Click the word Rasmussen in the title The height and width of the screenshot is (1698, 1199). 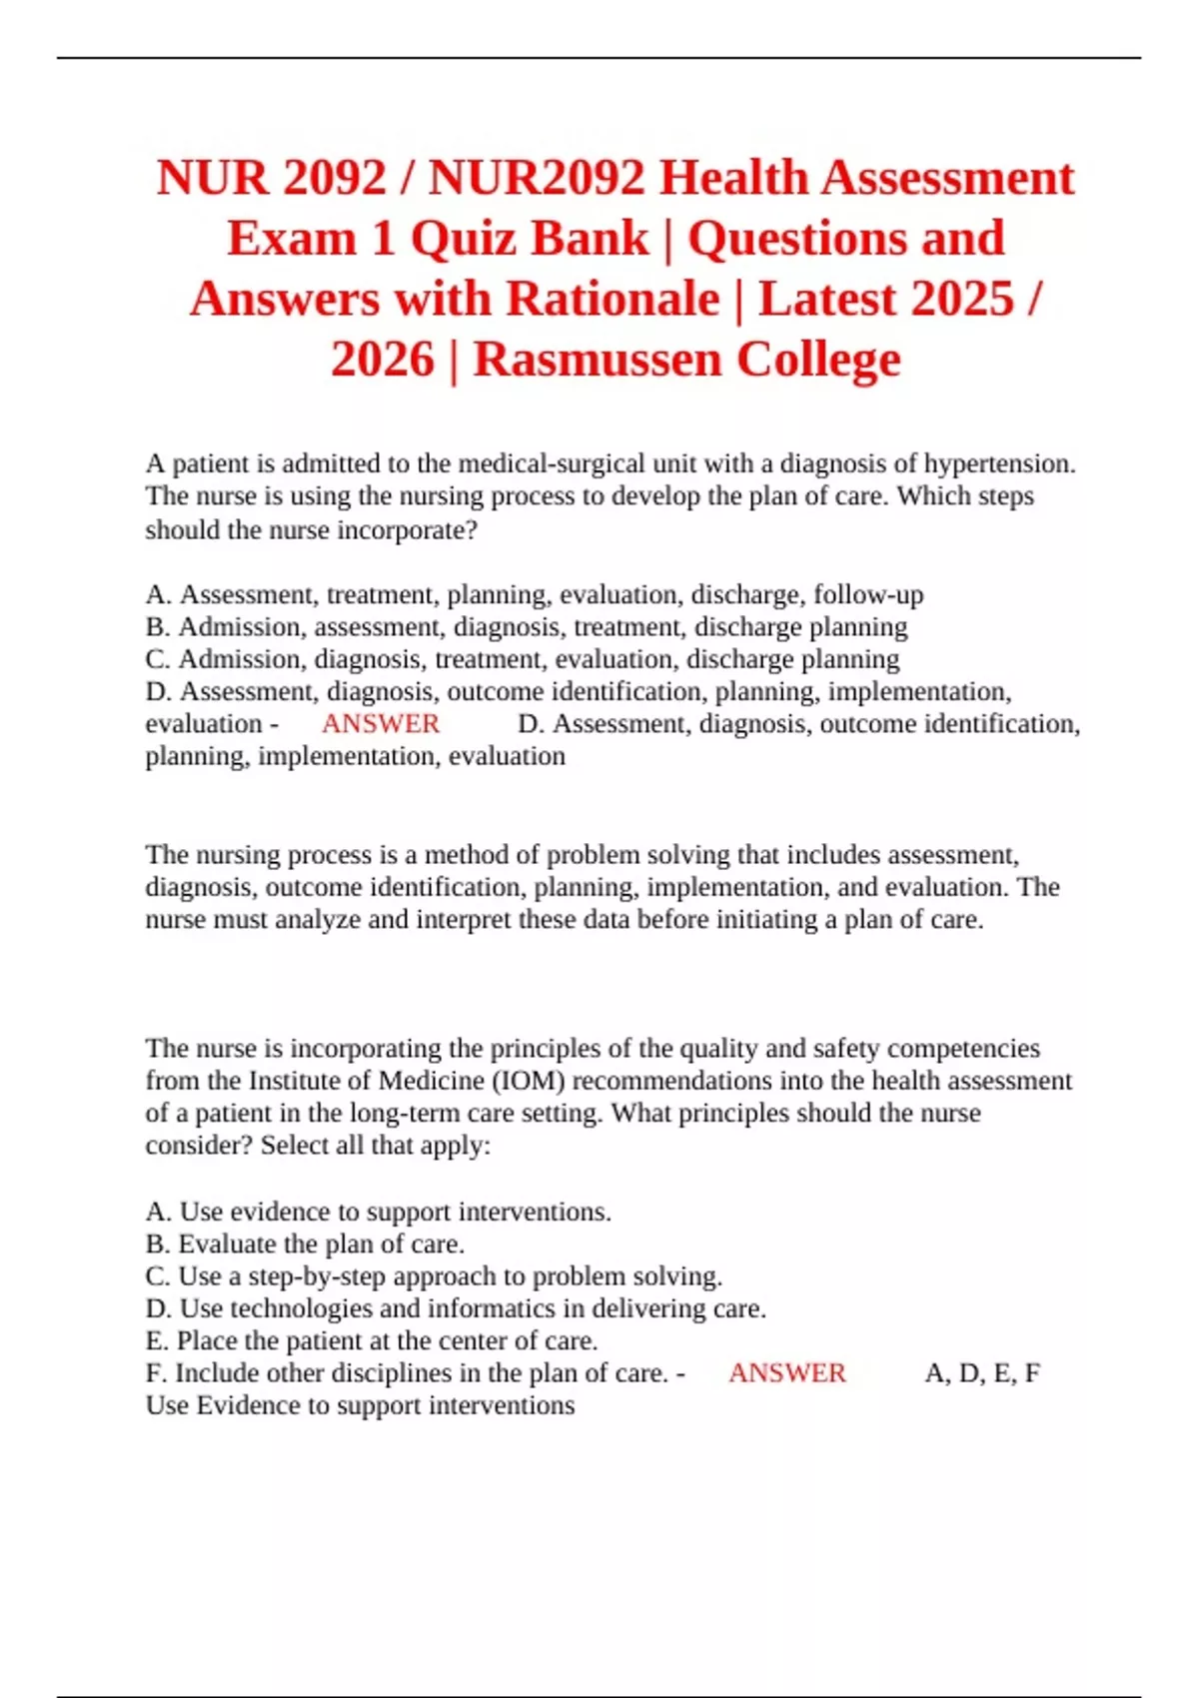tap(597, 360)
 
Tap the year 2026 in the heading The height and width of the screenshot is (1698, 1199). tap(383, 360)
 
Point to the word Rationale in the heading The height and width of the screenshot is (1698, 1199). tap(612, 299)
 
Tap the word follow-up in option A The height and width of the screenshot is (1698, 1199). tap(868, 594)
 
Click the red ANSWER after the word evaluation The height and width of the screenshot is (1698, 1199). tap(381, 724)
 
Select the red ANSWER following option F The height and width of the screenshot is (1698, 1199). tap(787, 1373)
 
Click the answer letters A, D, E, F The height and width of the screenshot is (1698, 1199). tap(982, 1373)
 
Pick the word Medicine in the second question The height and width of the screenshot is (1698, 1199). tap(432, 1081)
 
